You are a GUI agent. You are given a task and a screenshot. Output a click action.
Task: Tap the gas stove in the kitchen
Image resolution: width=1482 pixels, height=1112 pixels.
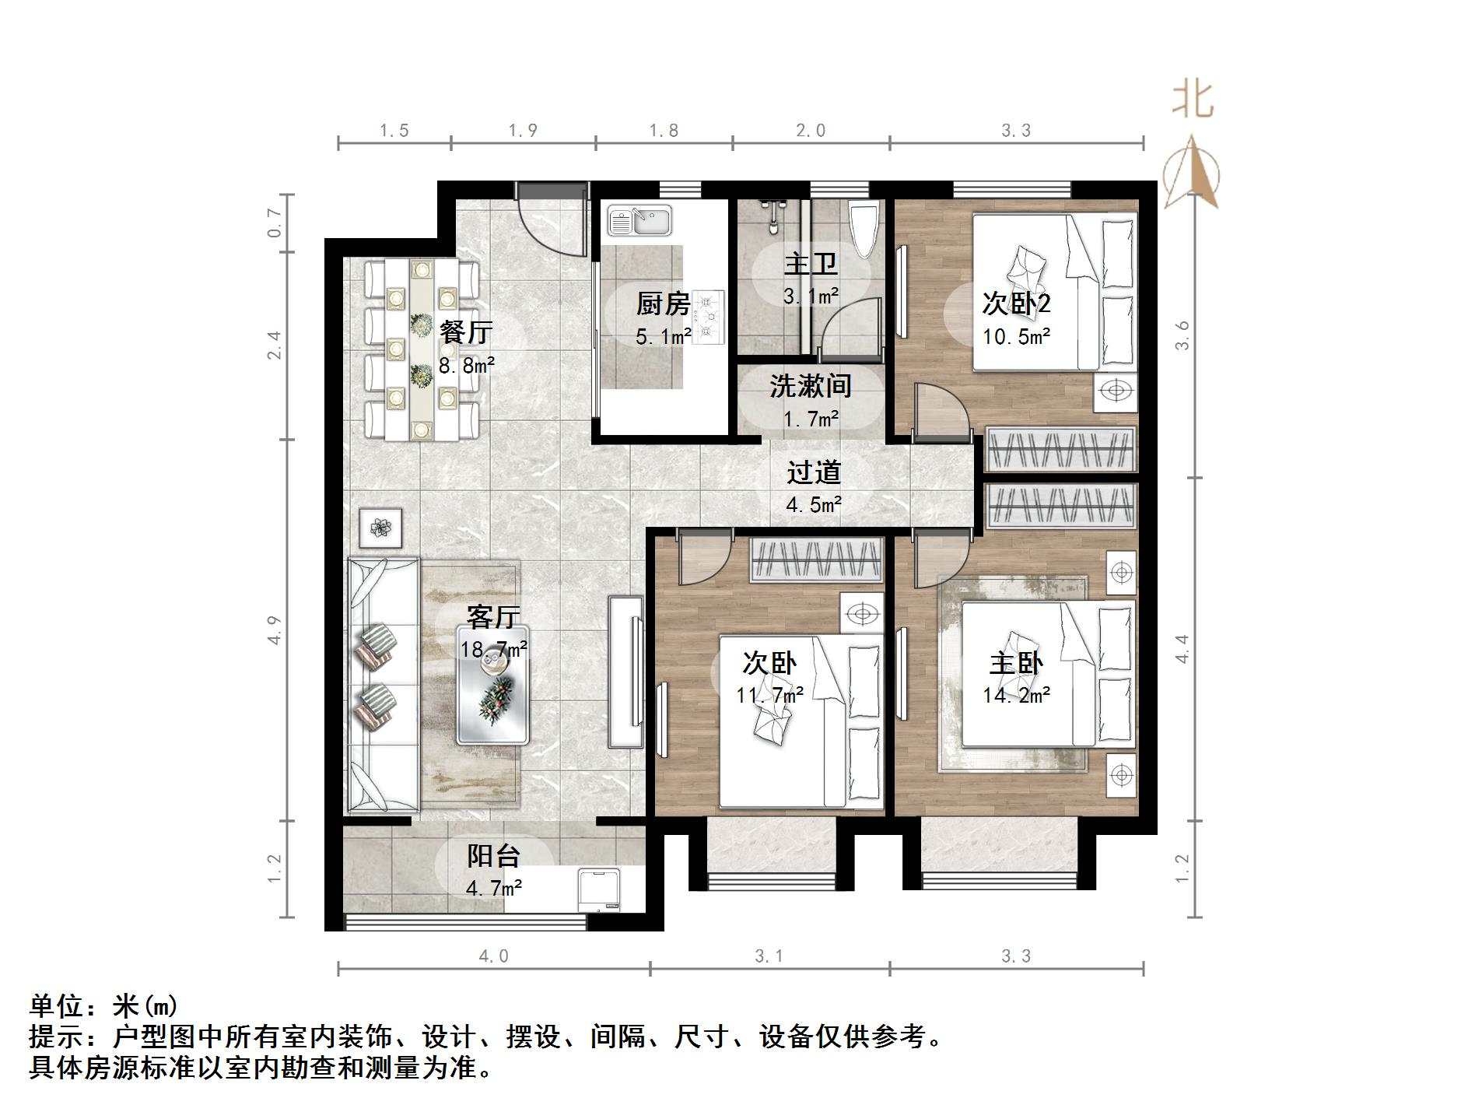pyautogui.click(x=708, y=317)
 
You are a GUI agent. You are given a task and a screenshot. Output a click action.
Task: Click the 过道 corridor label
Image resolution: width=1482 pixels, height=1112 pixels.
pyautogui.click(x=813, y=472)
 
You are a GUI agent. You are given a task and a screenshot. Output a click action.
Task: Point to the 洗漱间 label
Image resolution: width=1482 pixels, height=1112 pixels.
pyautogui.click(x=810, y=386)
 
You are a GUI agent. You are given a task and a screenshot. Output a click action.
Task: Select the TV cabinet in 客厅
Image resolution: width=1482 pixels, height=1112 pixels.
pyautogui.click(x=626, y=672)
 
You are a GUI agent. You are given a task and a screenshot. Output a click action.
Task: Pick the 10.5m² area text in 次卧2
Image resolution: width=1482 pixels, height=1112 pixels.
pyautogui.click(x=1016, y=337)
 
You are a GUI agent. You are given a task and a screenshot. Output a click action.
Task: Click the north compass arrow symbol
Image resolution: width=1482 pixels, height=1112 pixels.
pyautogui.click(x=1191, y=173)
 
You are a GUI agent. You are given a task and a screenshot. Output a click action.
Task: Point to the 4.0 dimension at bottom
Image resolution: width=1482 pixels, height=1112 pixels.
pyautogui.click(x=493, y=956)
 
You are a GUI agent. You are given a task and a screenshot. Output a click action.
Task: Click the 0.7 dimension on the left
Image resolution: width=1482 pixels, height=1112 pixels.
pyautogui.click(x=274, y=223)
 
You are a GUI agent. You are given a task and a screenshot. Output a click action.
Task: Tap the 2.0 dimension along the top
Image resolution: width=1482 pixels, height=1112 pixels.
pyautogui.click(x=810, y=131)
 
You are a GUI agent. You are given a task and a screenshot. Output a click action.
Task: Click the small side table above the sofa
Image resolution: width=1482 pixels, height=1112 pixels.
pyautogui.click(x=380, y=528)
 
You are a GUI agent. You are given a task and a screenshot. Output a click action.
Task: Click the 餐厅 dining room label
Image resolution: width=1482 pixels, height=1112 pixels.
pyautogui.click(x=465, y=332)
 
